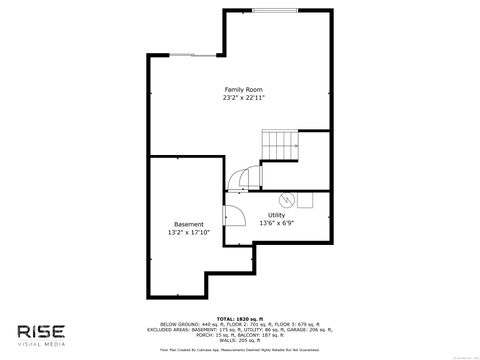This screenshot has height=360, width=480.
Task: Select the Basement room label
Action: click(x=189, y=224)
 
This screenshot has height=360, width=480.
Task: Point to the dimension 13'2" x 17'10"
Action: click(x=189, y=233)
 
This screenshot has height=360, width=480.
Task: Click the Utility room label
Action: click(x=276, y=215)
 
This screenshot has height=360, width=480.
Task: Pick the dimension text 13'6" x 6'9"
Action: click(x=276, y=224)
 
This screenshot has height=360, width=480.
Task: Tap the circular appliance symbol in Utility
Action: click(x=285, y=198)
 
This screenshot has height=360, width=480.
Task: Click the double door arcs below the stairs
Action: click(x=240, y=179)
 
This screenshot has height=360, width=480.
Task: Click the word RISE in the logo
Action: click(x=45, y=332)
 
